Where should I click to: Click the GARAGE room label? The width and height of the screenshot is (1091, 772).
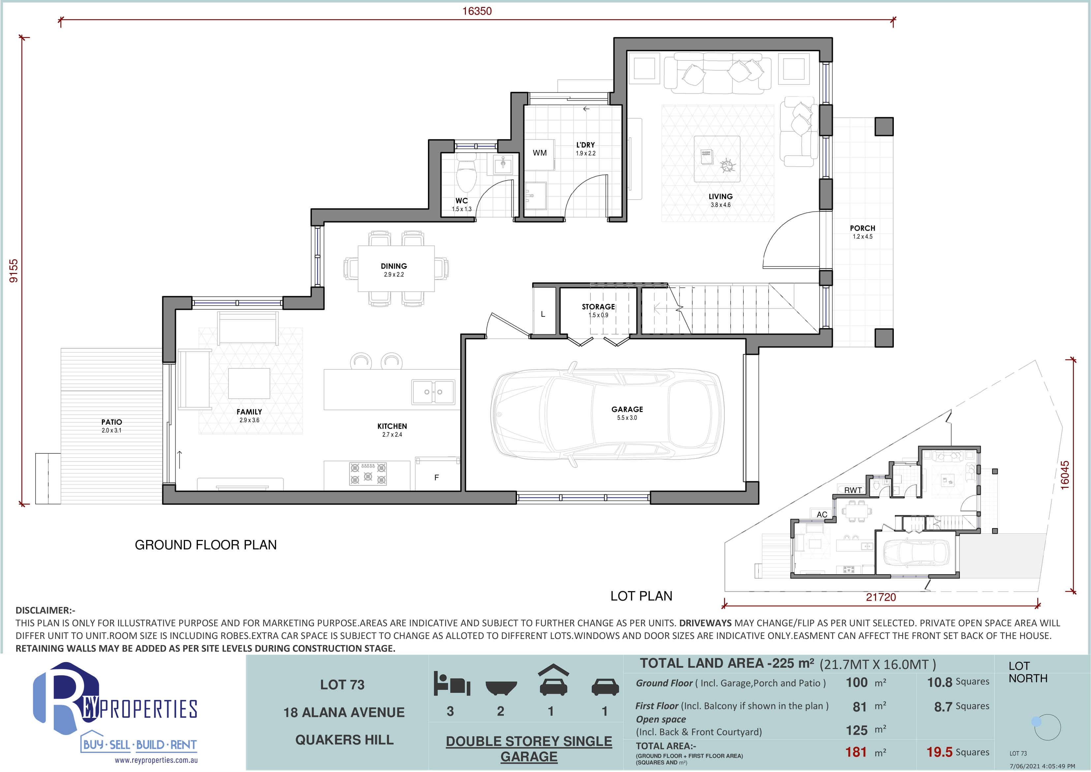pyautogui.click(x=627, y=409)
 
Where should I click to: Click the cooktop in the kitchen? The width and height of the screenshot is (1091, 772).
pyautogui.click(x=368, y=474)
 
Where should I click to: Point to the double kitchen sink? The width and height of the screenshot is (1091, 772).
pyautogui.click(x=433, y=392)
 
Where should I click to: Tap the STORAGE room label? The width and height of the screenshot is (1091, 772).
pyautogui.click(x=598, y=307)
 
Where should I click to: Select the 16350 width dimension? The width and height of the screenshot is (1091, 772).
pyautogui.click(x=477, y=11)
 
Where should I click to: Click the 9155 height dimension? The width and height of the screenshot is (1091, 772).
pyautogui.click(x=14, y=271)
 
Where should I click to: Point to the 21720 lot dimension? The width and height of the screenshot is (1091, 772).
pyautogui.click(x=881, y=597)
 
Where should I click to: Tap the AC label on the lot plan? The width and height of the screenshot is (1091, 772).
pyautogui.click(x=822, y=515)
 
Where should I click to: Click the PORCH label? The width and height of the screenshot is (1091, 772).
pyautogui.click(x=863, y=228)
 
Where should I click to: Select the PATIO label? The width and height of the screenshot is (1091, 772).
pyautogui.click(x=112, y=422)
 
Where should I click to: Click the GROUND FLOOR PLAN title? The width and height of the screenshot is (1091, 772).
pyautogui.click(x=206, y=545)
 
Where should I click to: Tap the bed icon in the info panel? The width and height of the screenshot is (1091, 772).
pyautogui.click(x=451, y=684)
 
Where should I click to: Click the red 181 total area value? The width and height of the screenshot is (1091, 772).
pyautogui.click(x=856, y=752)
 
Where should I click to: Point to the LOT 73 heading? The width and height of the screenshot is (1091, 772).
pyautogui.click(x=342, y=685)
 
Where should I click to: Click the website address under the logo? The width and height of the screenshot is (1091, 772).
pyautogui.click(x=156, y=760)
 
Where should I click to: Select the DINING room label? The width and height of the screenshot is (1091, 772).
pyautogui.click(x=394, y=266)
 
